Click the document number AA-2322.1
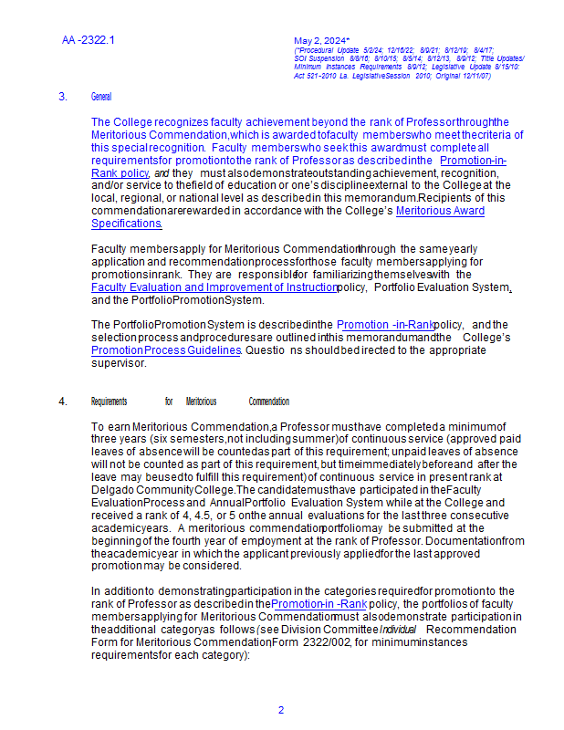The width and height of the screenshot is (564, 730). [x=89, y=40]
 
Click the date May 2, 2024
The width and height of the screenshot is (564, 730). [x=321, y=41]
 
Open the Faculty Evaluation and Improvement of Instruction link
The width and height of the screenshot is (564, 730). [x=214, y=287]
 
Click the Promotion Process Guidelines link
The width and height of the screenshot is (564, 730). [x=166, y=349]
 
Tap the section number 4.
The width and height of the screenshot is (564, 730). [x=63, y=401]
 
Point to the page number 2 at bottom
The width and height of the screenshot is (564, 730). [x=281, y=710]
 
